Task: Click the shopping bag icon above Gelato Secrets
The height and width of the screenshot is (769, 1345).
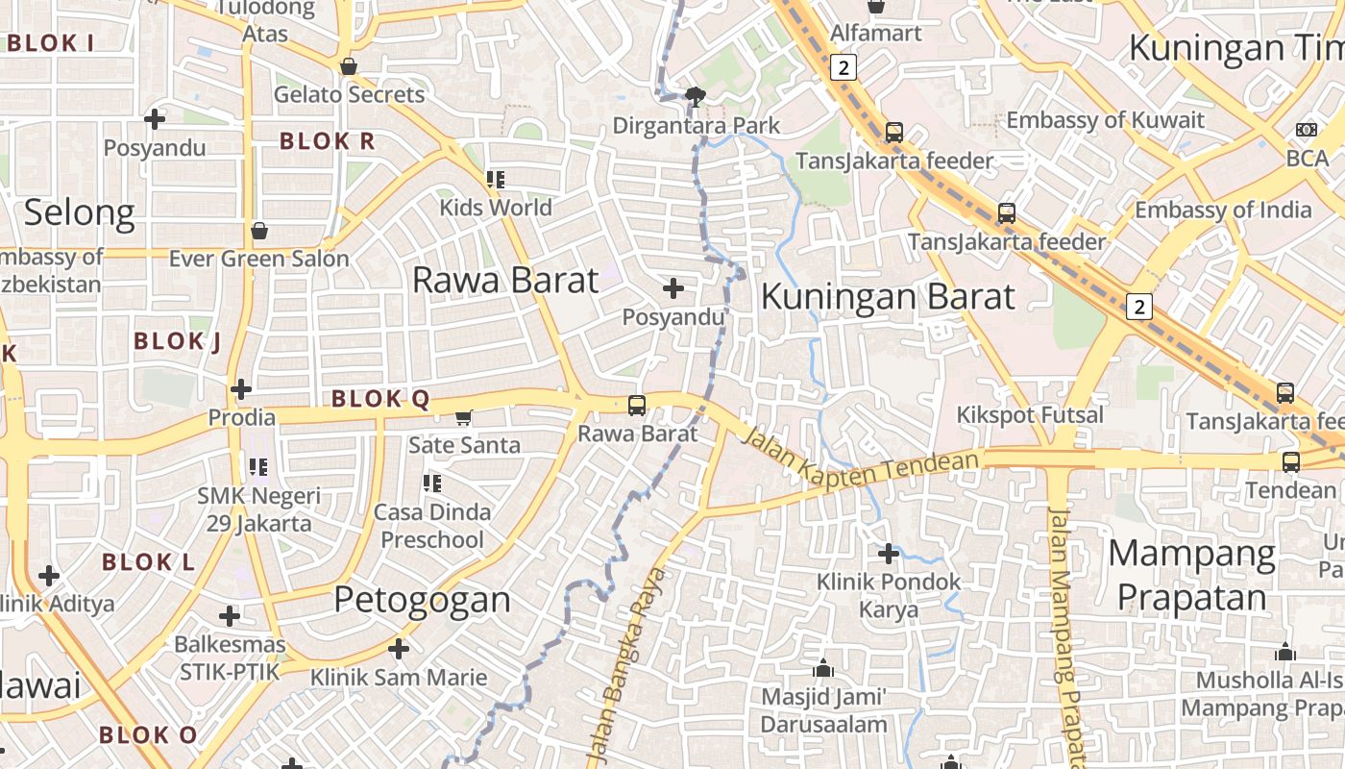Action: (349, 66)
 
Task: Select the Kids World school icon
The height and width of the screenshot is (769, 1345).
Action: (496, 179)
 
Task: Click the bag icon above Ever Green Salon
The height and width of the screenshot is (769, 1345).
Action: (259, 231)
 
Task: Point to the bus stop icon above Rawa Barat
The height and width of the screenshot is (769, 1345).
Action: (637, 406)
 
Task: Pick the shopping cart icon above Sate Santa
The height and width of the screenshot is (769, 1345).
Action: (464, 417)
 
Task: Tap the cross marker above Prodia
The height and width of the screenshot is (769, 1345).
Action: (241, 389)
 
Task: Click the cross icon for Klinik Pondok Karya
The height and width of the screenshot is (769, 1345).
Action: (889, 554)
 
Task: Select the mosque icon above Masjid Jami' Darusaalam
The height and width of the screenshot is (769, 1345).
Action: (823, 668)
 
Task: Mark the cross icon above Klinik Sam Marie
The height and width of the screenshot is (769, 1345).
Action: (399, 649)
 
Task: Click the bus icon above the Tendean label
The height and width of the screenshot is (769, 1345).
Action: (1291, 462)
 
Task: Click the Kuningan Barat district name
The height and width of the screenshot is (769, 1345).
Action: (887, 296)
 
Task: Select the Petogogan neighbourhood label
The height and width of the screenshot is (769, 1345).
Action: (422, 600)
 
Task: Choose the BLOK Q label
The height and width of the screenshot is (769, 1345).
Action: (380, 400)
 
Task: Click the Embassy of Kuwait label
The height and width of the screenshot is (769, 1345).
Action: (1105, 120)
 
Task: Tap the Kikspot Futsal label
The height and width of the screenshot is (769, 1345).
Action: (1030, 415)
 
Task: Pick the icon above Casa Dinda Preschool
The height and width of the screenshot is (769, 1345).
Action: (432, 483)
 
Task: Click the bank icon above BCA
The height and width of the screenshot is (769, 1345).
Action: (1307, 129)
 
